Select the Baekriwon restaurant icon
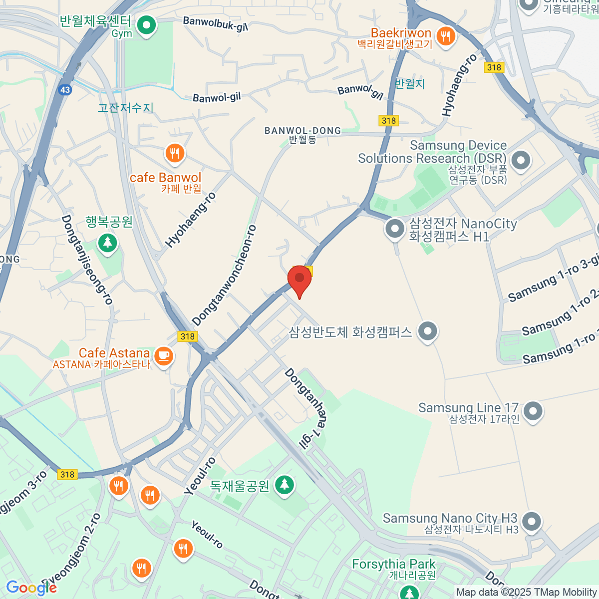445,36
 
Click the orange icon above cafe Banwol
174,153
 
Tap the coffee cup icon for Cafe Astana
163,356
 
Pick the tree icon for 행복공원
107,243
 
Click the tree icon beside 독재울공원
284,484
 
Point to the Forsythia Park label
393,564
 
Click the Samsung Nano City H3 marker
531,522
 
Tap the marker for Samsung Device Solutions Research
521,161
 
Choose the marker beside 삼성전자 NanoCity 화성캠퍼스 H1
395,229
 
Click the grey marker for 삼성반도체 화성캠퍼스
427,331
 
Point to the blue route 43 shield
65,90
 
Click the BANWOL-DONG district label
302,131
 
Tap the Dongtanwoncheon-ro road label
224,276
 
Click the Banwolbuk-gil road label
215,23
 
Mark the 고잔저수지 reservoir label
125,108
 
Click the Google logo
31,588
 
